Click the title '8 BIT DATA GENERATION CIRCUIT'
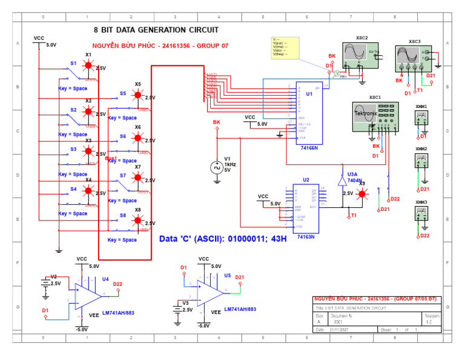pyautogui.click(x=156, y=30)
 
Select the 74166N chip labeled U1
pyautogui.click(x=308, y=112)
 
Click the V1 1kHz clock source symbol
pyautogui.click(x=217, y=168)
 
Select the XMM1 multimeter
pyautogui.click(x=421, y=118)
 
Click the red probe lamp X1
pyautogui.click(x=88, y=65)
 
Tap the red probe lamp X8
pyautogui.click(x=138, y=221)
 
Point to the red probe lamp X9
pyautogui.click(x=362, y=194)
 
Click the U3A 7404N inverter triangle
pyautogui.click(x=341, y=181)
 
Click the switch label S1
pyautogui.click(x=73, y=63)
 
